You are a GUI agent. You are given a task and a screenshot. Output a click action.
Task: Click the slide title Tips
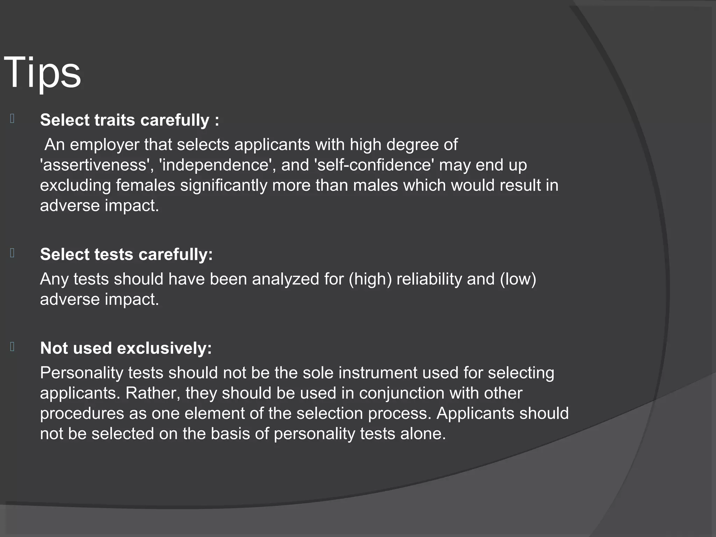[x=42, y=73]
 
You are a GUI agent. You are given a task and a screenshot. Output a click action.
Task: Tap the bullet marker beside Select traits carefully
[x=12, y=119]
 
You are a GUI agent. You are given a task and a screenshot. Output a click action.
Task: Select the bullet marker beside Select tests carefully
[x=12, y=253]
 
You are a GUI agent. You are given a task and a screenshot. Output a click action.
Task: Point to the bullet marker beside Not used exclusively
[x=12, y=347]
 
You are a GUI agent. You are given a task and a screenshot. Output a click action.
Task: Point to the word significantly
[x=223, y=185]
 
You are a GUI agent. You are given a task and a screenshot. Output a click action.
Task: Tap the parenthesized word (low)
[x=518, y=279]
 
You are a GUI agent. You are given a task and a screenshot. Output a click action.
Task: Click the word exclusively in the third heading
[x=164, y=349]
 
